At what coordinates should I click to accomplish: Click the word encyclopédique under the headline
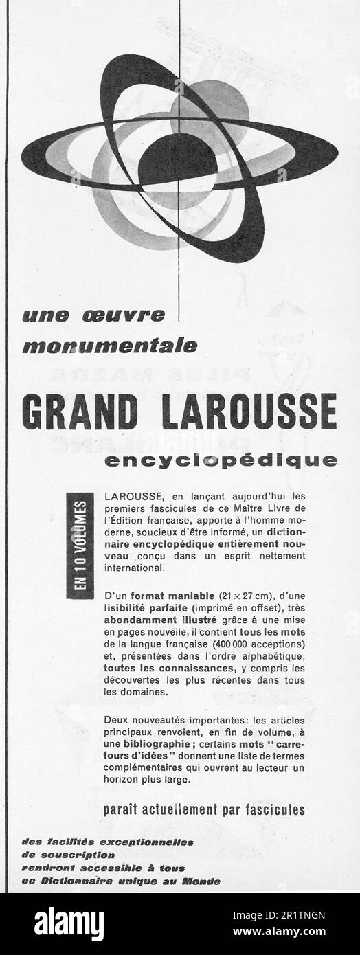[221, 459]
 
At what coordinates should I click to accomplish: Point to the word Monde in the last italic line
[203, 881]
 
